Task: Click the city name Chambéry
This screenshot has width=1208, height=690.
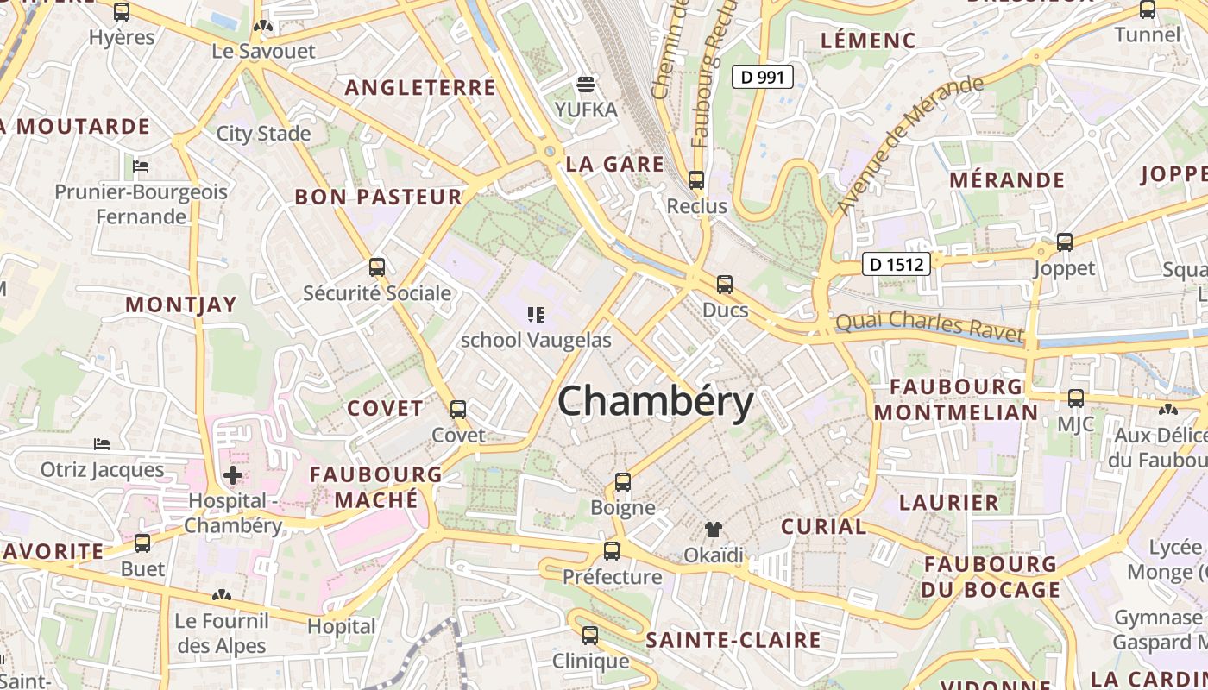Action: coord(656,402)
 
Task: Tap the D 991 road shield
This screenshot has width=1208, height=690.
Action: coord(763,77)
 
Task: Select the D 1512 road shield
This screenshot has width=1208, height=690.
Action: coord(897,264)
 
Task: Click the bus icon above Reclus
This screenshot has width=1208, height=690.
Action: coord(696,180)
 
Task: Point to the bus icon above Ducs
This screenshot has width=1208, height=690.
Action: coord(725,284)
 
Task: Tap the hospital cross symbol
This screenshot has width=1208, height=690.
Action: coord(233,474)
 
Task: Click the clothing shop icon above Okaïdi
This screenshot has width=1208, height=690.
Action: coord(713,529)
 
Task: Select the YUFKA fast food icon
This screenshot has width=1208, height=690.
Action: coord(586,84)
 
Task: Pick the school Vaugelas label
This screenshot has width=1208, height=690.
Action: coord(536,340)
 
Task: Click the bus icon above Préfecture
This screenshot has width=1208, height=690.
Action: coord(612,550)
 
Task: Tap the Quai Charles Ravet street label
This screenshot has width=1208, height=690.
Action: coord(929,326)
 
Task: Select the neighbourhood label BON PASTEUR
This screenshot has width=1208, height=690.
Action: coord(379,197)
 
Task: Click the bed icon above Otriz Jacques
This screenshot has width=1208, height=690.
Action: coord(102,444)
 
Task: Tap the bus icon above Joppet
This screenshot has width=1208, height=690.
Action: coord(1065,242)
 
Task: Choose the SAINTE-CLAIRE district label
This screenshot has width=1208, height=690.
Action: coord(733,640)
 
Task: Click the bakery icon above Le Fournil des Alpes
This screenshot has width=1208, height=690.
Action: coord(222,595)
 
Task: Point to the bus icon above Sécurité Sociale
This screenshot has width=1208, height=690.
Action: coord(376,267)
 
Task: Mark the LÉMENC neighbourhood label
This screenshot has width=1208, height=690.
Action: coord(867,40)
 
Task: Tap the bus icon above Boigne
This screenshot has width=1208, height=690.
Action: coord(623,482)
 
